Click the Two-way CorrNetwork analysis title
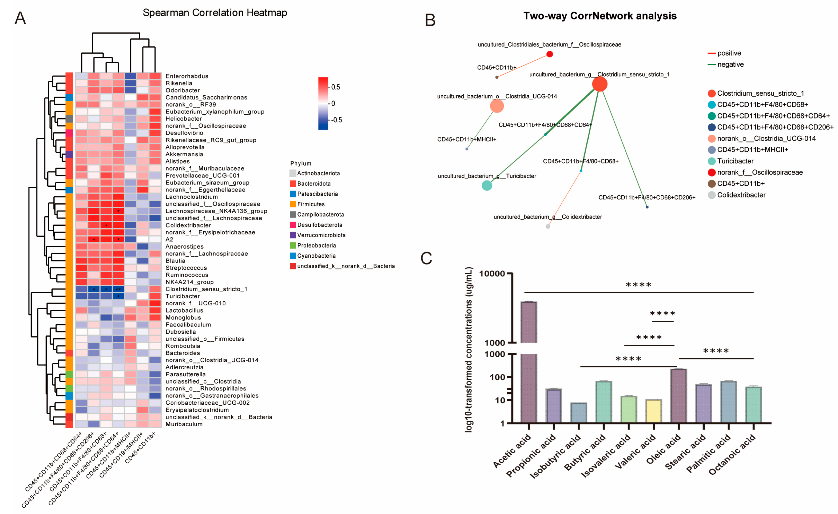(600, 16)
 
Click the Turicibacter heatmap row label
(183, 296)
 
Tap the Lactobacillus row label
(184, 310)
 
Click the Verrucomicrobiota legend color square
(293, 235)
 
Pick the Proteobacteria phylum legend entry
(316, 246)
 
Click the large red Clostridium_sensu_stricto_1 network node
(600, 84)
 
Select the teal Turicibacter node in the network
(487, 186)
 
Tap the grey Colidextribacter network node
(548, 226)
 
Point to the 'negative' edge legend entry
(730, 65)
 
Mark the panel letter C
(426, 258)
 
